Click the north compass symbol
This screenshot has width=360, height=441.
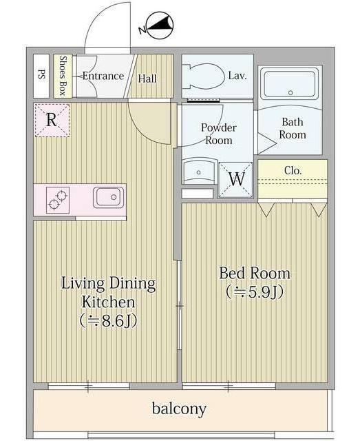pos(160,25)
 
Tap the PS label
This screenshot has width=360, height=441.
pos(41,75)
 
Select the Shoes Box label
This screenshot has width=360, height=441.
pos(63,75)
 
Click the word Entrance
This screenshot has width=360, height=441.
pos(103,76)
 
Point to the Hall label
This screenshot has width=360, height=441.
pos(147,79)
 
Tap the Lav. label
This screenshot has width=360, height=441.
pos(237,75)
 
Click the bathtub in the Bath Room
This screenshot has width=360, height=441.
pos(290,83)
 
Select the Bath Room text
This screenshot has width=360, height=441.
pos(293,128)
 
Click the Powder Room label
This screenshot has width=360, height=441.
pos(219,134)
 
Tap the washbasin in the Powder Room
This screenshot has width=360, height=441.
pos(199,171)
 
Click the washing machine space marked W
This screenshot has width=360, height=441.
pos(236,179)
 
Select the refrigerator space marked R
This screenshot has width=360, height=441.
pos(52,120)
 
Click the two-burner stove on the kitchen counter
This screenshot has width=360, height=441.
pos(58,199)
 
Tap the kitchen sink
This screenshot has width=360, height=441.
pos(108,197)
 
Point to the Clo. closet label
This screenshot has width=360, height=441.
pos(293,170)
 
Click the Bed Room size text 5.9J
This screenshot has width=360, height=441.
pos(255,291)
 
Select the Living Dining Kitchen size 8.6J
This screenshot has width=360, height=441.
pos(108,320)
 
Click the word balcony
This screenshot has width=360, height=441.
pos(179,409)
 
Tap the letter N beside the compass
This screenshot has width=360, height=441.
pos(142,30)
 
